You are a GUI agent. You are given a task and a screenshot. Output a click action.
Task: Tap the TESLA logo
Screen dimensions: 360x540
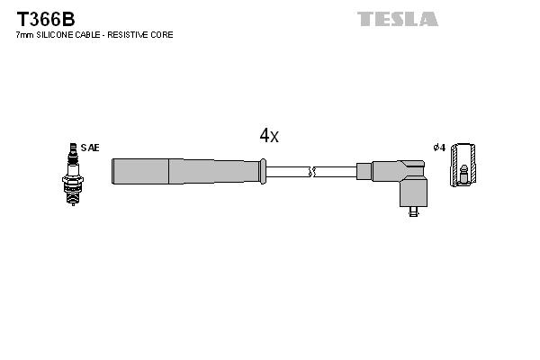click(x=397, y=19)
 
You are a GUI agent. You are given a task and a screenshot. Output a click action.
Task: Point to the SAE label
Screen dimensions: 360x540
click(x=90, y=147)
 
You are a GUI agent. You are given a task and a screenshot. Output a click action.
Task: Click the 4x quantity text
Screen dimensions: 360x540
click(x=269, y=136)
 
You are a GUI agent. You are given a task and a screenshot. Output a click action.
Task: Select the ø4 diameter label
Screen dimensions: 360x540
click(x=439, y=147)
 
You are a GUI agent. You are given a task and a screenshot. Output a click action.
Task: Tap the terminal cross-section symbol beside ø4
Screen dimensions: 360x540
click(x=463, y=166)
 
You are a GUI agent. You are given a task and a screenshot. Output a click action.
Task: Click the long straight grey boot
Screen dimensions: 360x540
click(x=184, y=171)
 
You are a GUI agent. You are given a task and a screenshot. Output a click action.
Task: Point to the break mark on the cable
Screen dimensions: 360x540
click(x=311, y=171)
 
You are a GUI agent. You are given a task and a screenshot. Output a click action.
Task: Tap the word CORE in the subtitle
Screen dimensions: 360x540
click(x=163, y=35)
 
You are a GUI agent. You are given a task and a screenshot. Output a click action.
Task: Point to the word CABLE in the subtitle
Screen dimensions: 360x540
click(x=94, y=35)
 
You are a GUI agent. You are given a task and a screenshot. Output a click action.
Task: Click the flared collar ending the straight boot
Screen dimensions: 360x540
click(x=263, y=171)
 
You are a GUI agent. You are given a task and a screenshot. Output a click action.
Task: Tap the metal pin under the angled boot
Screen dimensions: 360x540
click(x=412, y=212)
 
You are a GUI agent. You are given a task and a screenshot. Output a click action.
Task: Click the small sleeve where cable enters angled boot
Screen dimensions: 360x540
click(x=364, y=171)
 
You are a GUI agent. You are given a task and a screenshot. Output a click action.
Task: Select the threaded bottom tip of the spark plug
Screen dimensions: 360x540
click(x=71, y=201)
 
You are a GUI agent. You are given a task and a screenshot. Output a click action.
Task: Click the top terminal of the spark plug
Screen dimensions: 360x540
click(x=71, y=147)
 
